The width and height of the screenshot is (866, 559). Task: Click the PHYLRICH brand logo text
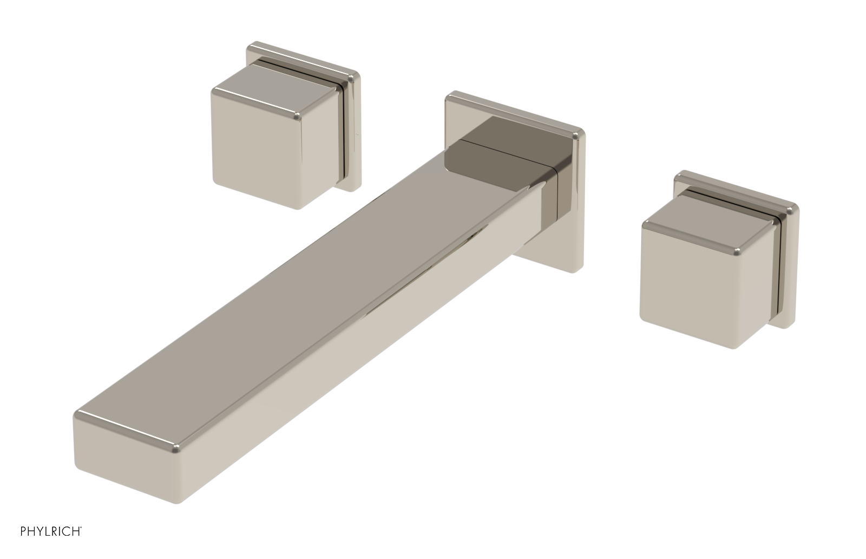[x=51, y=531]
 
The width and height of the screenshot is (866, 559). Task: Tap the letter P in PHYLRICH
[x=24, y=531]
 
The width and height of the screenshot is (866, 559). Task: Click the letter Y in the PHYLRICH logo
[x=41, y=531]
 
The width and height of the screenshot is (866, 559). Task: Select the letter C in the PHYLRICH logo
[x=68, y=531]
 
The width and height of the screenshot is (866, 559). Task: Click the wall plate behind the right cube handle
[x=788, y=271]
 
